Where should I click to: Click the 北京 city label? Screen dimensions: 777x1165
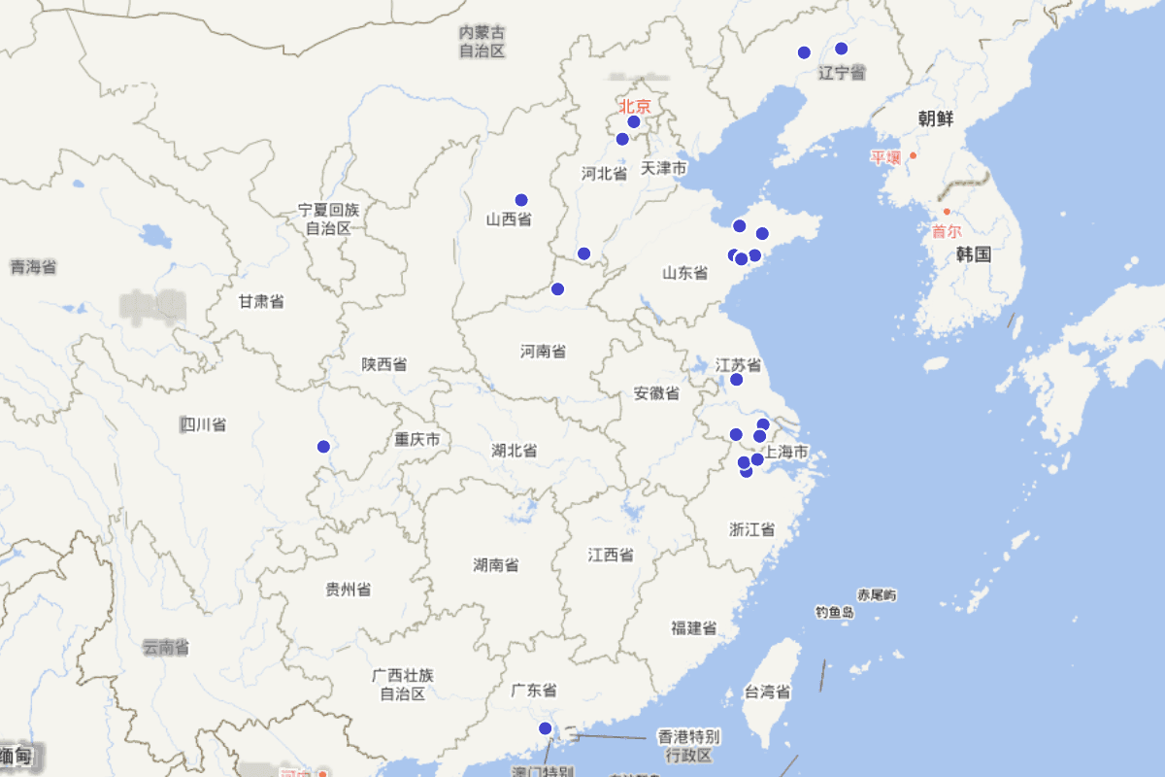pyautogui.click(x=635, y=106)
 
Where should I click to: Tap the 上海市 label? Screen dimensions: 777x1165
pyautogui.click(x=786, y=453)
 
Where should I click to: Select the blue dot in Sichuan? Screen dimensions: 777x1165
pyautogui.click(x=323, y=447)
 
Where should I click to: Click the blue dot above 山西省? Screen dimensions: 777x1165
pyautogui.click(x=521, y=200)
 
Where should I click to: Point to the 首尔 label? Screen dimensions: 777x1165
pyautogui.click(x=947, y=231)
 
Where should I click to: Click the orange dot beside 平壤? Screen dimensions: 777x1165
pyautogui.click(x=913, y=155)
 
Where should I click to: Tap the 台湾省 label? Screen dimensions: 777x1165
pyautogui.click(x=767, y=693)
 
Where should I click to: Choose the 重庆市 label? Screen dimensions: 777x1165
pyautogui.click(x=417, y=440)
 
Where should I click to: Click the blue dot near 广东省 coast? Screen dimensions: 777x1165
pyautogui.click(x=545, y=728)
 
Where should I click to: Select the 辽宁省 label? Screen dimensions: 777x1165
pyautogui.click(x=842, y=73)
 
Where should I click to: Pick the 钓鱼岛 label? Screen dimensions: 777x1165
pyautogui.click(x=835, y=612)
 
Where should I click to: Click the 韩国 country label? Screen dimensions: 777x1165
pyautogui.click(x=973, y=254)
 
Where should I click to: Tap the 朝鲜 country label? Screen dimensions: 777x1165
pyautogui.click(x=936, y=119)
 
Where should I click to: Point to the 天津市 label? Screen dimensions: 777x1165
pyautogui.click(x=664, y=169)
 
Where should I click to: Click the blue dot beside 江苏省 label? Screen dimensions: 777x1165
pyautogui.click(x=736, y=380)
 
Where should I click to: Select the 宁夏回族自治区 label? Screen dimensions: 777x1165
pyautogui.click(x=328, y=219)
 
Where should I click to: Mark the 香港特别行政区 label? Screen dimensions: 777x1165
pyautogui.click(x=688, y=745)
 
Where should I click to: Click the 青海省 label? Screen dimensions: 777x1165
pyautogui.click(x=33, y=266)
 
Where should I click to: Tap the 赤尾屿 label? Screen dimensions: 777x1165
pyautogui.click(x=877, y=594)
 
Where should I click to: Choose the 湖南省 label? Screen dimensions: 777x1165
pyautogui.click(x=495, y=564)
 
